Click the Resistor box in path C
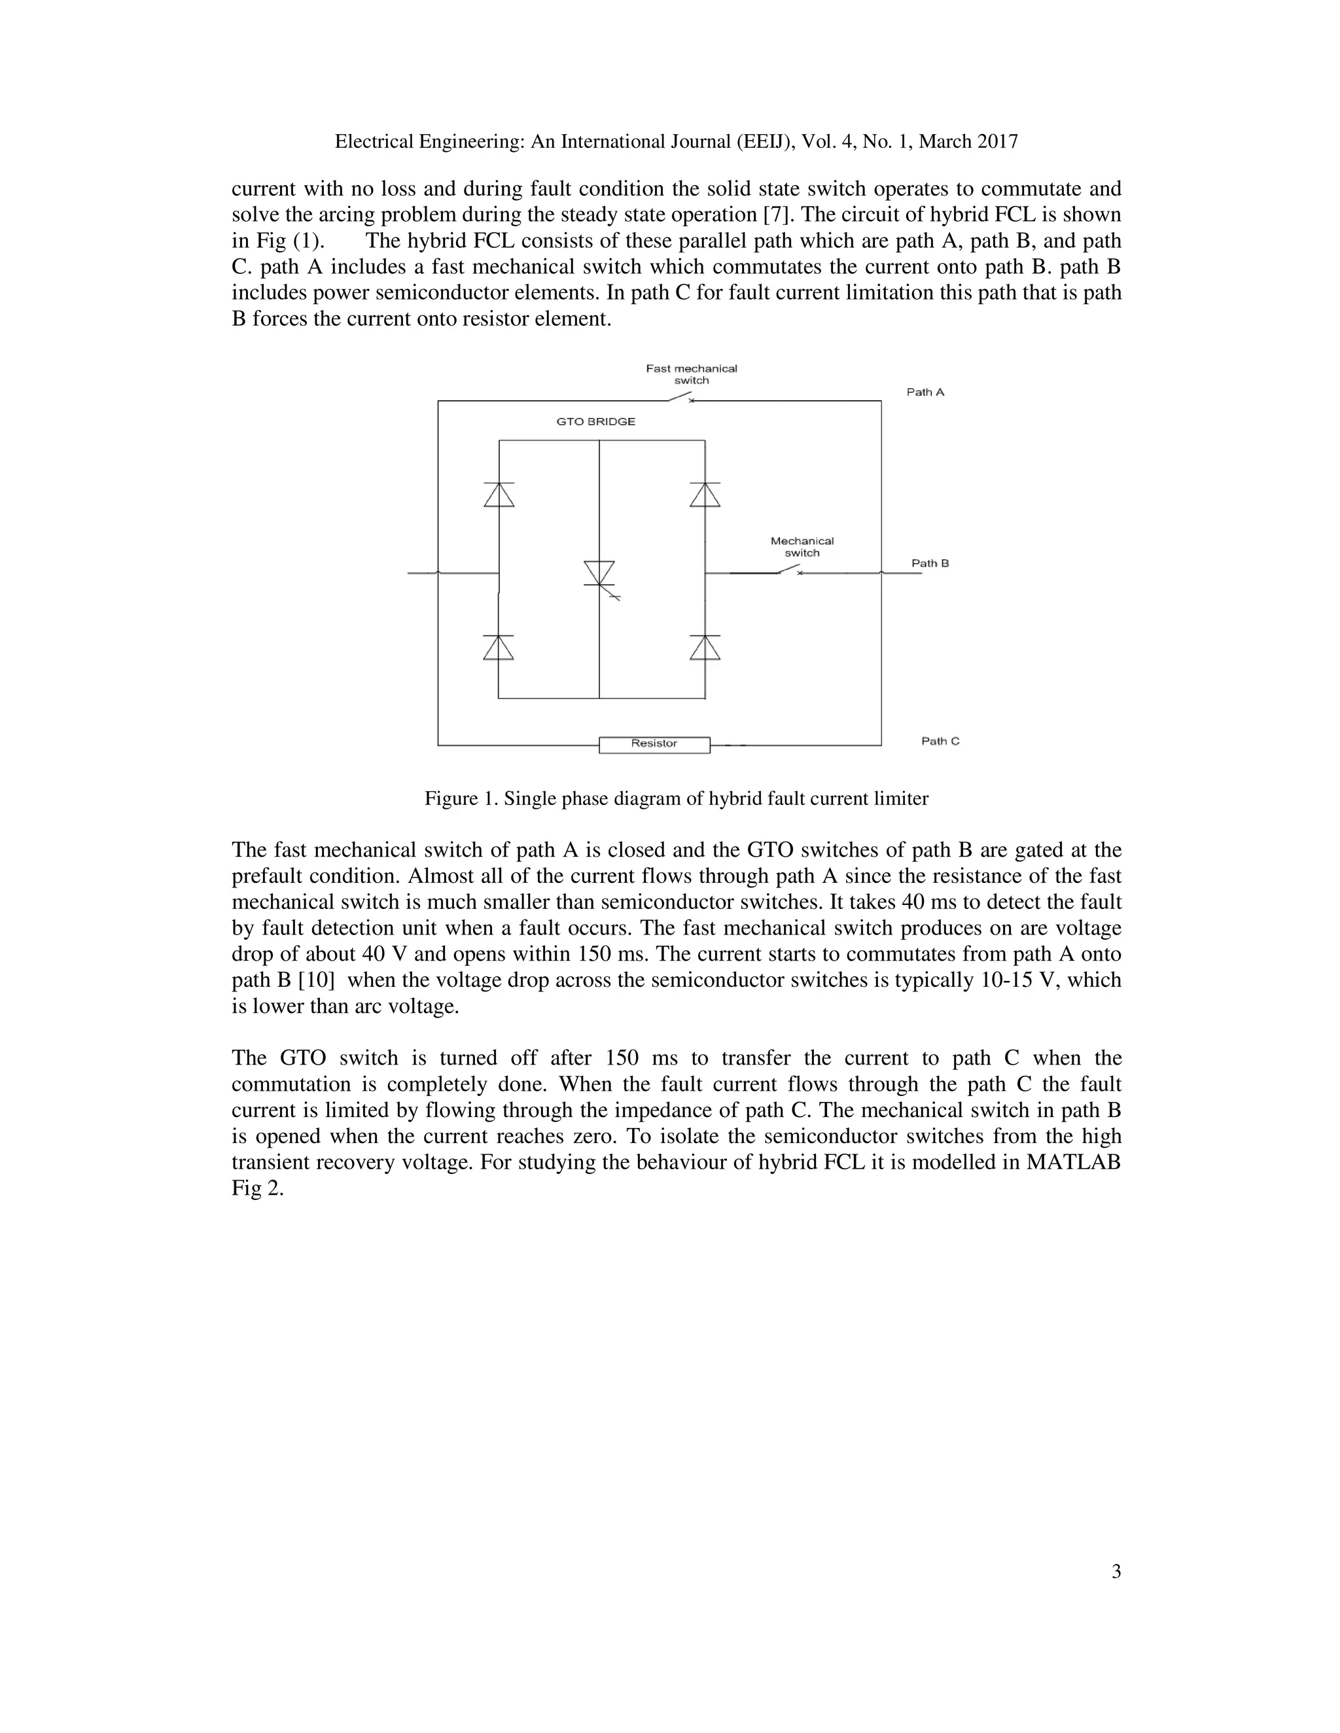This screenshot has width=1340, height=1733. coord(654,744)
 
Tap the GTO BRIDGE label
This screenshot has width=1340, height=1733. coord(595,421)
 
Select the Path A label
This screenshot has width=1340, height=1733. coord(925,392)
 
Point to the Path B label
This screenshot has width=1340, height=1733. coord(930,563)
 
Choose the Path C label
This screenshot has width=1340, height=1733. coord(940,741)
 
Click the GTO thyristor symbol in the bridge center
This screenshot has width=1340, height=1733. coord(599,574)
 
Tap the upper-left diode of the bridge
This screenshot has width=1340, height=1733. coord(499,494)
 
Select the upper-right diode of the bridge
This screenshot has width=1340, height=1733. coord(705,494)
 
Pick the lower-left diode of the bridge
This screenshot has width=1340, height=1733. coord(499,647)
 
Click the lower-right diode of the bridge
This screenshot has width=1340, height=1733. coord(705,647)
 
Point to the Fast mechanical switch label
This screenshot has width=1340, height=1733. coord(691,373)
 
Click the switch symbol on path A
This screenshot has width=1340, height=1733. coord(682,398)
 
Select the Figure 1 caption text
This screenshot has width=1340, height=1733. coord(677,798)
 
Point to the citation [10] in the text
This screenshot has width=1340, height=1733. coord(316,980)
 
